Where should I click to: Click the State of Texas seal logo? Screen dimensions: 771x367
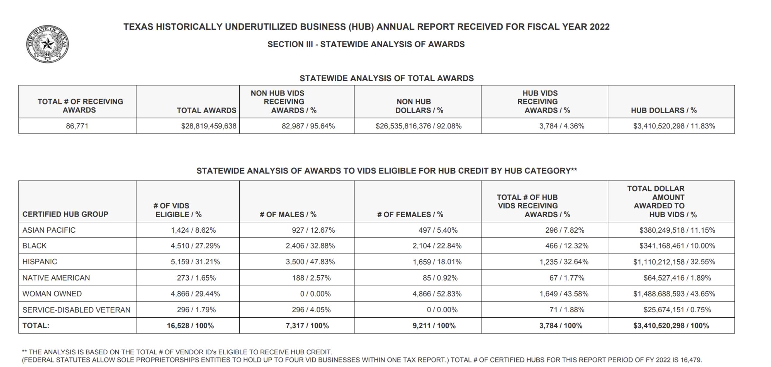pyautogui.click(x=47, y=44)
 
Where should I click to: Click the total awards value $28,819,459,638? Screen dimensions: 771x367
pyautogui.click(x=209, y=126)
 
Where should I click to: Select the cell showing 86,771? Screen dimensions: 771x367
pyautogui.click(x=77, y=126)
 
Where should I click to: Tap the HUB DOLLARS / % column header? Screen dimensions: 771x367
pyautogui.click(x=664, y=111)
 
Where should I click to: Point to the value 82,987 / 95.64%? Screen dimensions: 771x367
pyautogui.click(x=308, y=126)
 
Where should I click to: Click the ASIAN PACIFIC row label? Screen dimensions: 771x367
pyautogui.click(x=49, y=230)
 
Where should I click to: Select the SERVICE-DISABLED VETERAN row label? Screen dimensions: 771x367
pyautogui.click(x=76, y=310)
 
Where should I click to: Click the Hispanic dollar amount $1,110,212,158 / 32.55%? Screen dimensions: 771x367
pyautogui.click(x=674, y=262)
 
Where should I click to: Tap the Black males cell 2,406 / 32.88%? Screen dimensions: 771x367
pyautogui.click(x=310, y=246)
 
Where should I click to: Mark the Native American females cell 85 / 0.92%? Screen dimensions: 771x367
pyautogui.click(x=440, y=278)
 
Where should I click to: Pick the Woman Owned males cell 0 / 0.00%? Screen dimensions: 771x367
pyautogui.click(x=315, y=294)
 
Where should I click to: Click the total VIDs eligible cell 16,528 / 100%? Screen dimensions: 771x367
pyautogui.click(x=190, y=326)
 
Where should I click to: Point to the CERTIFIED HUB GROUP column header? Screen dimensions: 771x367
pyautogui.click(x=65, y=214)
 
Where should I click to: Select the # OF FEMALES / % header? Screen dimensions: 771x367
pyautogui.click(x=410, y=215)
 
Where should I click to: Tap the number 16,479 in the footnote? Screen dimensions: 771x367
pyautogui.click(x=691, y=360)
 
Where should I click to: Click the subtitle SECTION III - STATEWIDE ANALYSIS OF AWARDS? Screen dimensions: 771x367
pyautogui.click(x=366, y=44)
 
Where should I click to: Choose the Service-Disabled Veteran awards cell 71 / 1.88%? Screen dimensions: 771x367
pyautogui.click(x=567, y=310)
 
